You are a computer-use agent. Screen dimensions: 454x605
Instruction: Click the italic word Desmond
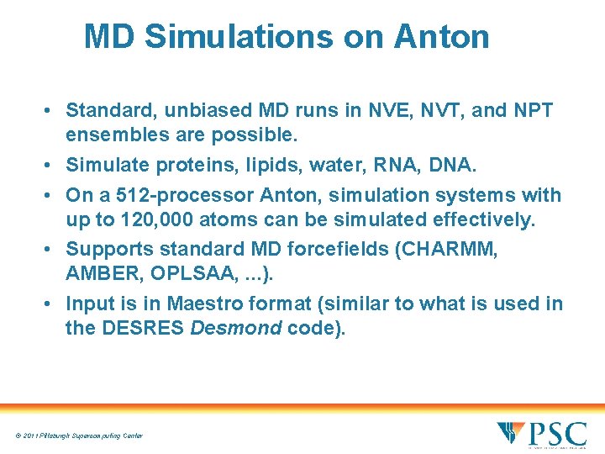[x=236, y=327]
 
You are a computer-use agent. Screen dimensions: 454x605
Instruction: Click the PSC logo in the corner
[x=541, y=433]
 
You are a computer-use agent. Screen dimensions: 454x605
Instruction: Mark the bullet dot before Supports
[x=51, y=250]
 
